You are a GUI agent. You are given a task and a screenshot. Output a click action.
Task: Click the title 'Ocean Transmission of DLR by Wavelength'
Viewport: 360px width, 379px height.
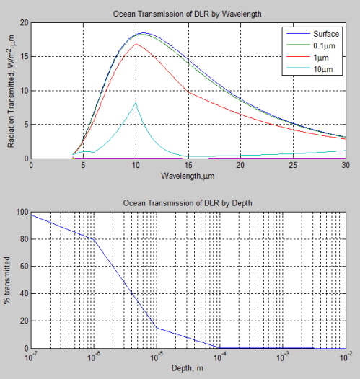pos(188,14)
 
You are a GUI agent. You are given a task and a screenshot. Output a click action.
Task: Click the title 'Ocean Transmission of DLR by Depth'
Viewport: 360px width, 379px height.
pos(188,204)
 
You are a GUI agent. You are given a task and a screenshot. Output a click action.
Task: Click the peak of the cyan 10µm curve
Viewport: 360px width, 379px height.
pos(136,103)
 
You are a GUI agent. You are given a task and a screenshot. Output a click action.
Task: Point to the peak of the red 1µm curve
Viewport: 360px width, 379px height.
pos(136,44)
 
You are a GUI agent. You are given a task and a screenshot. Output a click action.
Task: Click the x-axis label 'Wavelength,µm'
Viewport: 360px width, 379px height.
pos(188,174)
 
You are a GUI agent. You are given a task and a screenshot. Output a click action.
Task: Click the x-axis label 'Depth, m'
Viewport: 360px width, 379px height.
pos(188,367)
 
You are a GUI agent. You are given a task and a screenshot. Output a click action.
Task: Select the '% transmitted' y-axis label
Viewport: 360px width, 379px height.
pos(9,280)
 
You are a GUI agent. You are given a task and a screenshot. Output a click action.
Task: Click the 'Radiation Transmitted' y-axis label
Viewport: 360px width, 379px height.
pos(11,91)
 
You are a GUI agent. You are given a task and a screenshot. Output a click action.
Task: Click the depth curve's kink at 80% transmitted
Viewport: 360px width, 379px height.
pos(93,240)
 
